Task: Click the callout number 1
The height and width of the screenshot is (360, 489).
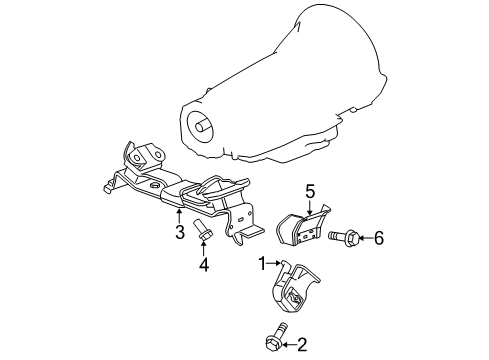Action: (262, 264)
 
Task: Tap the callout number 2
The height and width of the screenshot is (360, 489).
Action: (302, 346)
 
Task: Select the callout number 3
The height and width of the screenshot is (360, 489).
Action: (179, 233)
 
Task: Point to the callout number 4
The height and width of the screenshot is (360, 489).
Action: (203, 264)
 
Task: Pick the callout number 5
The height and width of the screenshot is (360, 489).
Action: (310, 190)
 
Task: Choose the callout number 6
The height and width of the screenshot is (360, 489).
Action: (379, 238)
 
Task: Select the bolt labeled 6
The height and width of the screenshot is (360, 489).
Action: (338, 238)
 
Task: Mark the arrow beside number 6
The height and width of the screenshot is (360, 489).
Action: (362, 238)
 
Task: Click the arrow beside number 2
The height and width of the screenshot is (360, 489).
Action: (288, 346)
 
